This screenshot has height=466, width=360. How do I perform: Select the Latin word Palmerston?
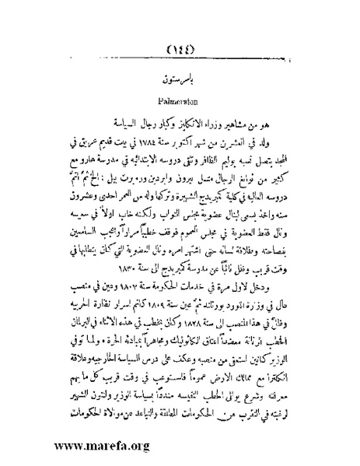180,101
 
